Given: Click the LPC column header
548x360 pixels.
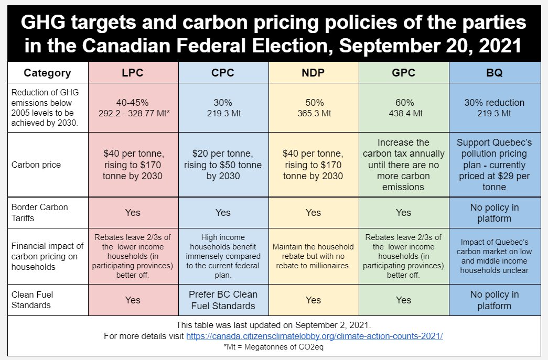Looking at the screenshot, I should (133, 73).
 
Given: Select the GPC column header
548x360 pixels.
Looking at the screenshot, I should (404, 73).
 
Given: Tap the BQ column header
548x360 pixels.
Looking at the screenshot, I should (494, 73).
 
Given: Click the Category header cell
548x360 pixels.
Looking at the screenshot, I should (47, 73).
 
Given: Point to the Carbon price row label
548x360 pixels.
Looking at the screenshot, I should (36, 165).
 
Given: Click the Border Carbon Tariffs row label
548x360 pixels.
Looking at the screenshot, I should (40, 212).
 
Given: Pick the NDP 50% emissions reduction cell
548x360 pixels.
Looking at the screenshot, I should (314, 107).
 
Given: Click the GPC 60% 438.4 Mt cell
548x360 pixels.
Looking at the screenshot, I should (404, 107).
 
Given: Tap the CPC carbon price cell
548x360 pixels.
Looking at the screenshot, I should (223, 165).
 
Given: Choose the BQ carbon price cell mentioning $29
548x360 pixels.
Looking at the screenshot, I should (494, 165).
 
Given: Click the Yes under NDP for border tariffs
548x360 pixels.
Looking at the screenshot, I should (314, 212).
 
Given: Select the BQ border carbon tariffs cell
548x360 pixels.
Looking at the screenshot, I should (494, 212).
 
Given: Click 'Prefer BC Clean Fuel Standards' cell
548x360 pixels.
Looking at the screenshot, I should (223, 300).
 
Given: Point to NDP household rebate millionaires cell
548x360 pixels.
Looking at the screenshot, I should (314, 256).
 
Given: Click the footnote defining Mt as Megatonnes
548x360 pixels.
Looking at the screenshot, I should (274, 347).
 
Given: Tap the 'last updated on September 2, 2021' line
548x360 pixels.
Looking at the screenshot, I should (274, 325).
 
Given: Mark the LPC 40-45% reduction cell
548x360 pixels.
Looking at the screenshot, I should (133, 107).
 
